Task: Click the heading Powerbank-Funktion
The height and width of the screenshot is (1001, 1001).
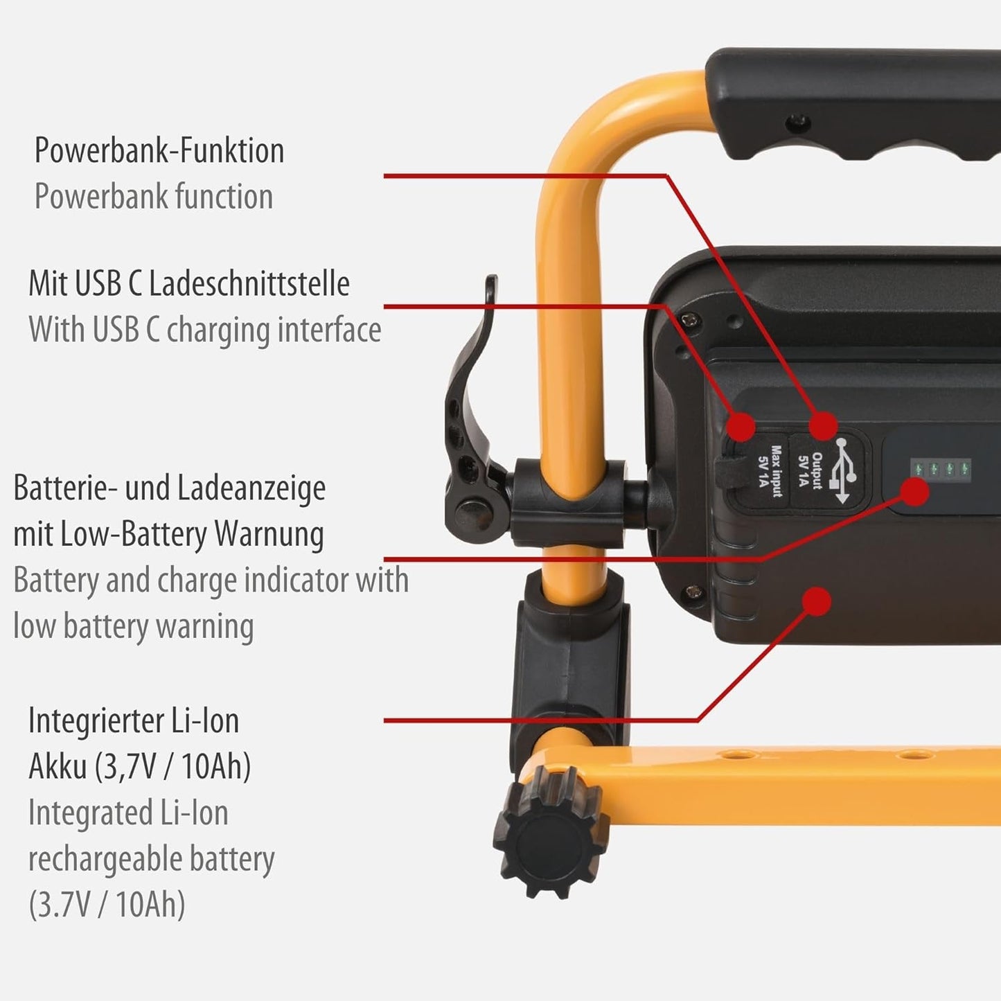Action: coord(159,150)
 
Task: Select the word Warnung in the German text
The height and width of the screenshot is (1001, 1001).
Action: coord(269,535)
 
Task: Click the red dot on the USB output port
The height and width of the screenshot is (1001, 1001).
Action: coord(824,425)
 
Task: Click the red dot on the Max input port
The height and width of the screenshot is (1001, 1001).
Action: coord(741,427)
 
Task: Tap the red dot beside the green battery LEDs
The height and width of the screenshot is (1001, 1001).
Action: coord(915,491)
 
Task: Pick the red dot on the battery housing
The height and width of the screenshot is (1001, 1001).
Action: coord(817,601)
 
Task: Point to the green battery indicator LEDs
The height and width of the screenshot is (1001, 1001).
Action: coord(941,469)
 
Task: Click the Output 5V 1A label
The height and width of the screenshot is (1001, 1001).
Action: coord(810,470)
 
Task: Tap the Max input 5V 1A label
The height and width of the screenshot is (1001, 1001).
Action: coord(770,471)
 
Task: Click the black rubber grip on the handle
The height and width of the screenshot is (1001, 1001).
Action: coord(852,104)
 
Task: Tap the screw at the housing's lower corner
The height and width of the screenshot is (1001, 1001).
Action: coord(693,591)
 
